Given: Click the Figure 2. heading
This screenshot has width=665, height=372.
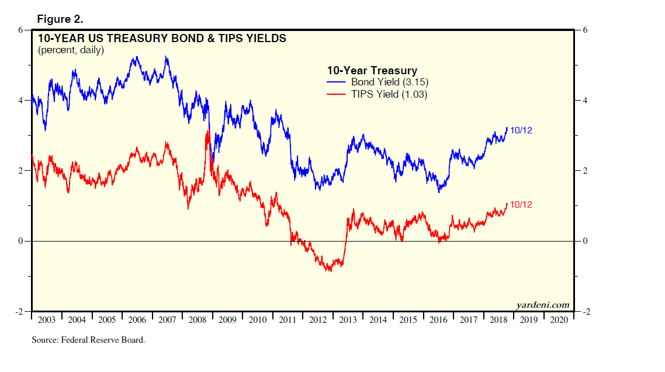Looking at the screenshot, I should click(x=60, y=19).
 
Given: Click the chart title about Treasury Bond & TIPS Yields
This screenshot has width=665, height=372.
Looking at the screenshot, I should click(x=162, y=39).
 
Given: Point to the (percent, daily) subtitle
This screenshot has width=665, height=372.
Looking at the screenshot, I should click(x=71, y=50).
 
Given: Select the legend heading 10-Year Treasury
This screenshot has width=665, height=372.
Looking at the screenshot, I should click(x=372, y=71).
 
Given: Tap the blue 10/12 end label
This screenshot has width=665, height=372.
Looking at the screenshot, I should click(x=521, y=130).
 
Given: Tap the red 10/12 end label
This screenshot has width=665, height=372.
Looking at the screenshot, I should click(x=521, y=205).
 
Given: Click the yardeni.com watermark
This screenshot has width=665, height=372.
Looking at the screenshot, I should click(x=542, y=305).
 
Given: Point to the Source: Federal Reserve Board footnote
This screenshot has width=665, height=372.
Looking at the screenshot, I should click(x=88, y=340).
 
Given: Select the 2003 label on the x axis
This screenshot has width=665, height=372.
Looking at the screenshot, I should click(x=46, y=320).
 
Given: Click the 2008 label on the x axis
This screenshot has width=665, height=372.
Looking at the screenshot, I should click(x=197, y=320).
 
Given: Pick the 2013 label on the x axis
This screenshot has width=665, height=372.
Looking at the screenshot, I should click(x=348, y=320).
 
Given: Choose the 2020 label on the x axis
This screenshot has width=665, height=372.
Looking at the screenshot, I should click(x=559, y=320).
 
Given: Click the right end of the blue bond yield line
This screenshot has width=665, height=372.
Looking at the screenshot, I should click(x=507, y=128).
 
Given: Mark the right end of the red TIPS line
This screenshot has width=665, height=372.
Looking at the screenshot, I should click(x=507, y=203).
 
